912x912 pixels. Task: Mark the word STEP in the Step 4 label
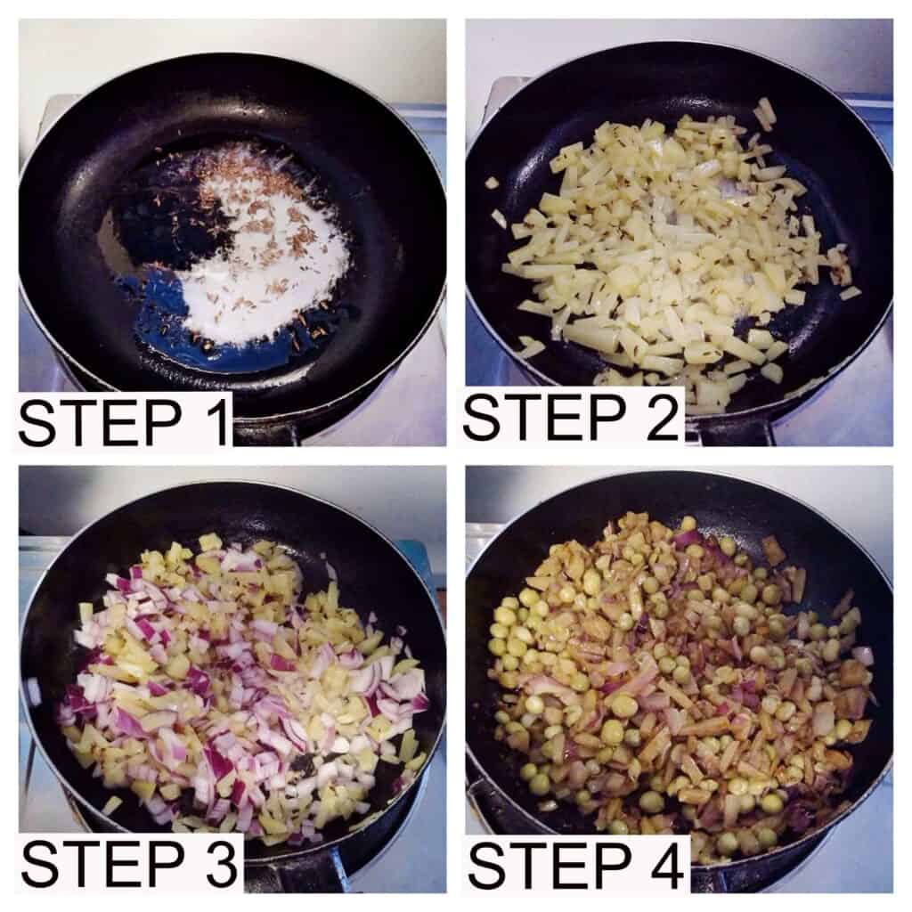point(549,866)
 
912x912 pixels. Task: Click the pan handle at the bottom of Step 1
point(266,431)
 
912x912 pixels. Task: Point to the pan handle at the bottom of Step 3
point(291,874)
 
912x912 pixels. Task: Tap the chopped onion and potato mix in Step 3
point(244,687)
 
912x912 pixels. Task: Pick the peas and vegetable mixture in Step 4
point(680,680)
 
